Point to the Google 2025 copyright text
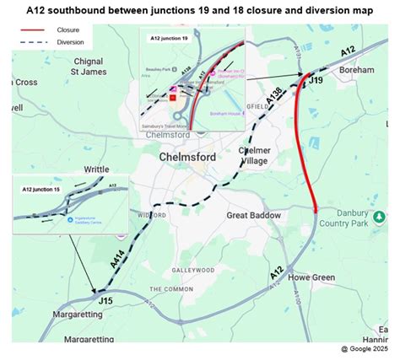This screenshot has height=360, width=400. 365,348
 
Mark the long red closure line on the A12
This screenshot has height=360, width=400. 305,143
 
